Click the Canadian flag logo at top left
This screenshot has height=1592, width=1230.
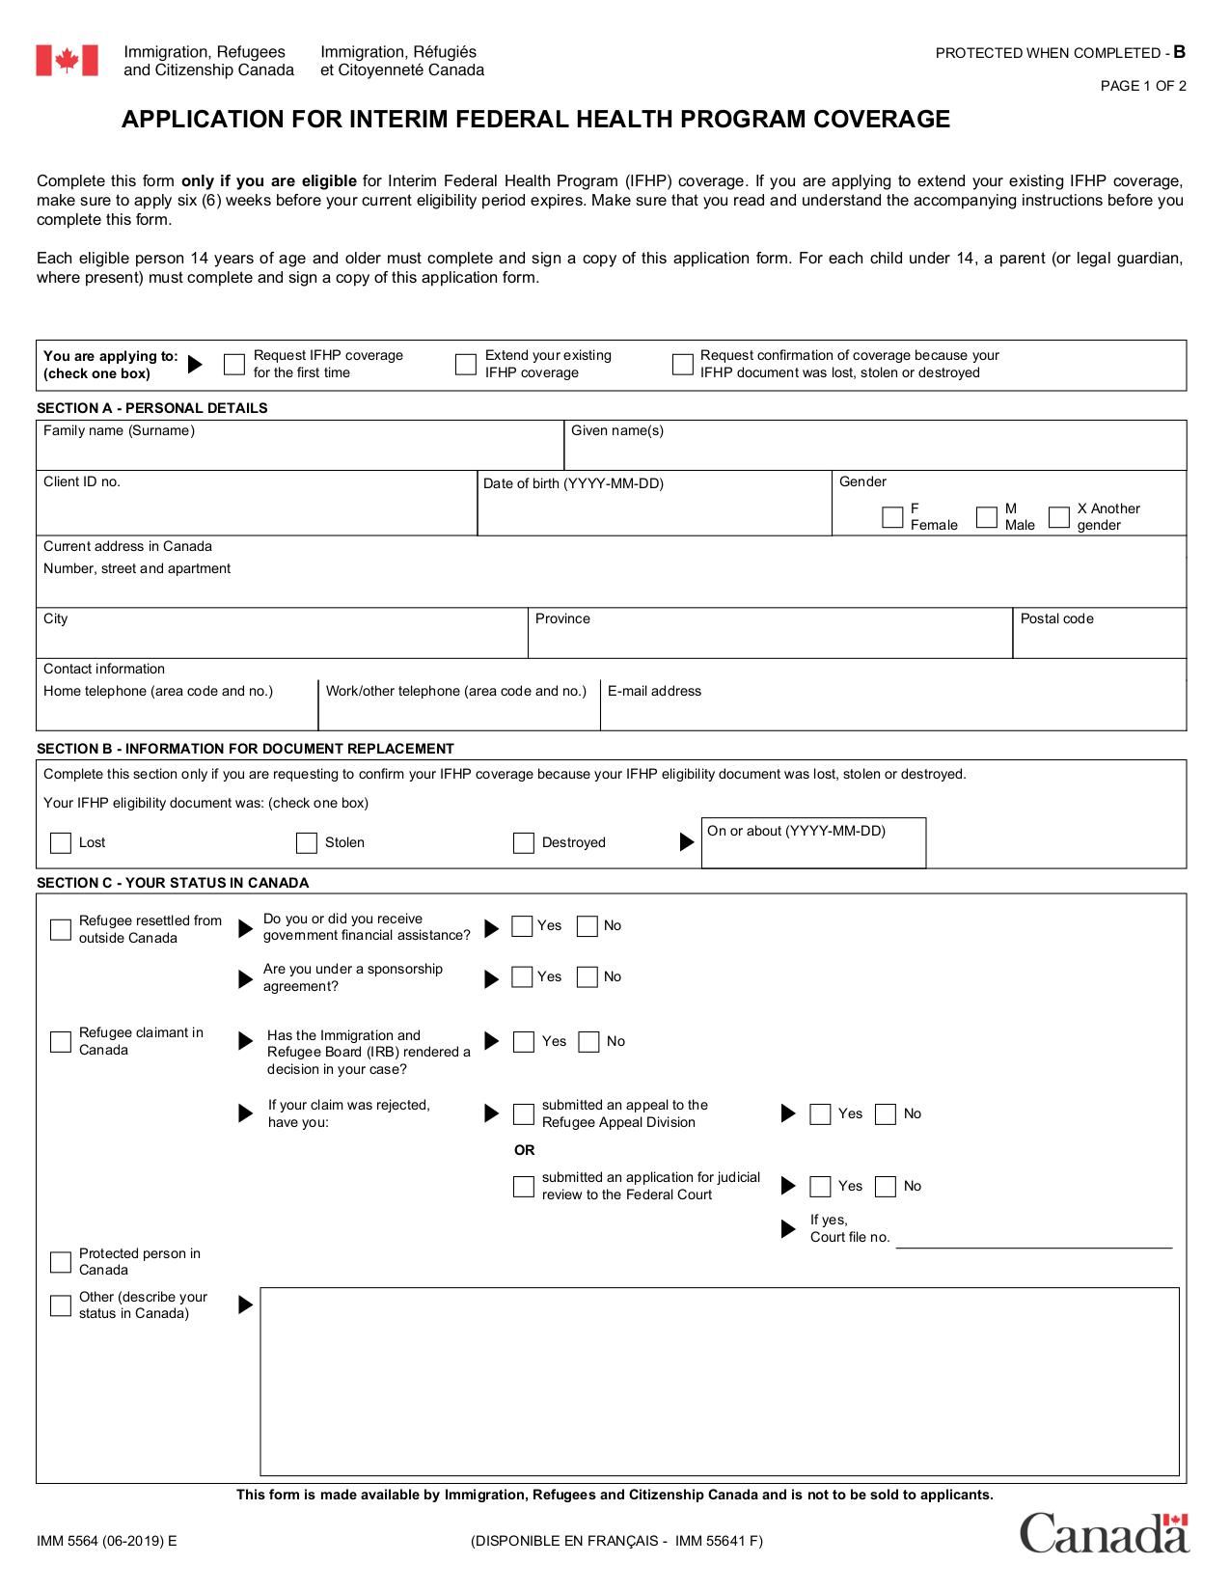click(x=67, y=60)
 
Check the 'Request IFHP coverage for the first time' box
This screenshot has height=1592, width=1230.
click(x=234, y=364)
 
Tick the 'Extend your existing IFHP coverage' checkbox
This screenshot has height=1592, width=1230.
click(x=466, y=364)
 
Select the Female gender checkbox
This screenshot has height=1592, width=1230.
click(x=892, y=516)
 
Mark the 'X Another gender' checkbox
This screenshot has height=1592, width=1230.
click(x=1059, y=516)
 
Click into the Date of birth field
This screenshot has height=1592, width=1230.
click(x=653, y=512)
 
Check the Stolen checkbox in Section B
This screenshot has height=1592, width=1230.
click(x=307, y=842)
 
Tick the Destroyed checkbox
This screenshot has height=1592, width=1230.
click(x=524, y=842)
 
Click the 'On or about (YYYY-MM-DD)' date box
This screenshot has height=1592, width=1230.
click(x=812, y=851)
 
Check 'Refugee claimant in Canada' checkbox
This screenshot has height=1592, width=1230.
click(x=61, y=1041)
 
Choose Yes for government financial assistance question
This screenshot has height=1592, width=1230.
click(x=522, y=925)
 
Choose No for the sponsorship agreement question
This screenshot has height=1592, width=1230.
click(x=588, y=976)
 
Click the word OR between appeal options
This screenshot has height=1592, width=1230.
click(x=524, y=1150)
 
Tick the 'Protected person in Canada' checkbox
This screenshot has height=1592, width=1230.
click(x=61, y=1262)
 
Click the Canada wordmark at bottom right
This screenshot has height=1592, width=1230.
click(x=1104, y=1533)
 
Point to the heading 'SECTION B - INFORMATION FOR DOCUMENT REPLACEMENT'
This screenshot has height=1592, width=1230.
click(x=245, y=749)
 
